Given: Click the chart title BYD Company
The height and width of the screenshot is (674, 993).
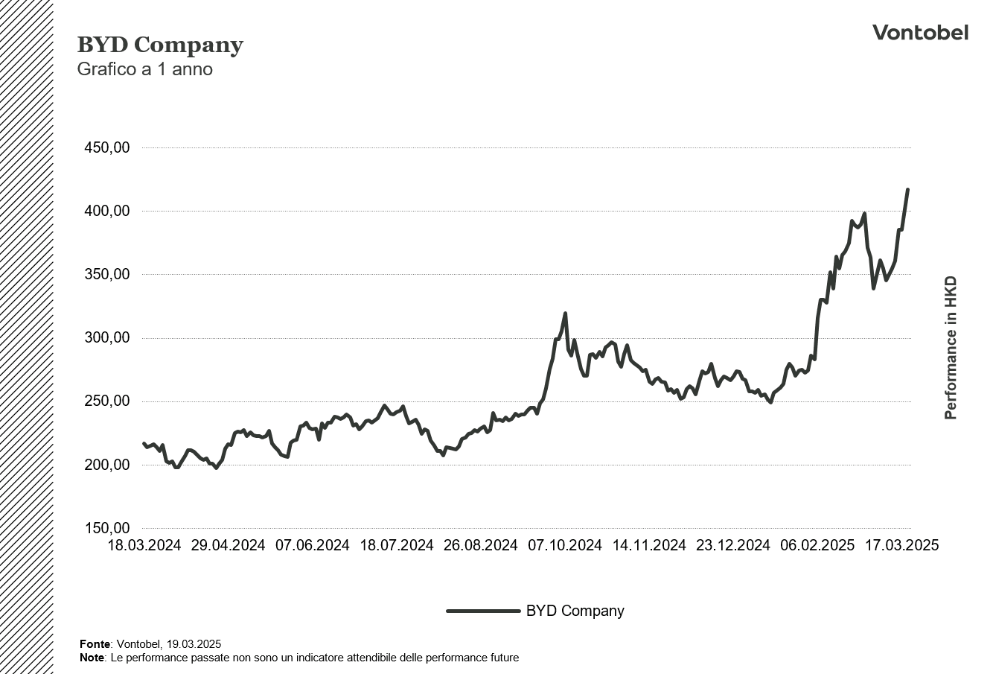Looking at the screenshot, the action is click(x=160, y=45).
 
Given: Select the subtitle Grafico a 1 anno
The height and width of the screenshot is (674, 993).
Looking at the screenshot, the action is click(x=144, y=69).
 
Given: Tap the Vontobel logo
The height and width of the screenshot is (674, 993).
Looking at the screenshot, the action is click(x=920, y=34).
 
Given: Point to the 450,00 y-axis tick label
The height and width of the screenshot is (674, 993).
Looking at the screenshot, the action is click(x=107, y=147).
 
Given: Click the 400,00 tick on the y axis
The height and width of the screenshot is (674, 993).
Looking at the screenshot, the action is click(x=107, y=211).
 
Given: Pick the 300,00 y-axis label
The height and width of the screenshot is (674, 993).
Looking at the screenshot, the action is click(x=107, y=338).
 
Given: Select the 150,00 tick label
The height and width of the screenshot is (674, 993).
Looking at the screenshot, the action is click(x=107, y=528).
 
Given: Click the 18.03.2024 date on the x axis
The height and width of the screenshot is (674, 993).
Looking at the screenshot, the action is click(x=144, y=545).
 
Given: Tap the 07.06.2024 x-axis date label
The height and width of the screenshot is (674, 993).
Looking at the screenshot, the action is click(x=312, y=545).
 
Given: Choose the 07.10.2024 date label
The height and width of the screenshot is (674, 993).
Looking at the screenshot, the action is click(x=565, y=545).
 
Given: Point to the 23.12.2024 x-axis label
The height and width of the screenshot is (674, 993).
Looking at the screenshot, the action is click(x=732, y=545).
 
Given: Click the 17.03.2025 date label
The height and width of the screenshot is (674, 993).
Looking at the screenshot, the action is click(x=901, y=545).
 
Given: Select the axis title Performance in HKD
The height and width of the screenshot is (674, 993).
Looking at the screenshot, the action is click(x=951, y=348).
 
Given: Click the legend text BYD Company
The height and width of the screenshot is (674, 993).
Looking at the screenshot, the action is click(x=575, y=611).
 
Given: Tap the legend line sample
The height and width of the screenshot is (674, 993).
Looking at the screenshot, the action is click(x=483, y=611).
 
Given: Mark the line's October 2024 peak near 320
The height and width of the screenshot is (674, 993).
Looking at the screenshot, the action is click(x=565, y=313).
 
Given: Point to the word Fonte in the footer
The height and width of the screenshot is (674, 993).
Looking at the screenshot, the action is click(x=95, y=644).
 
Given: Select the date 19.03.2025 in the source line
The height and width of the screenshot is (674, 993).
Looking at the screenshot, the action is click(x=194, y=644).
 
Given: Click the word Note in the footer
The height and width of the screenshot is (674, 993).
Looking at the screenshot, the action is click(x=92, y=658).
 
